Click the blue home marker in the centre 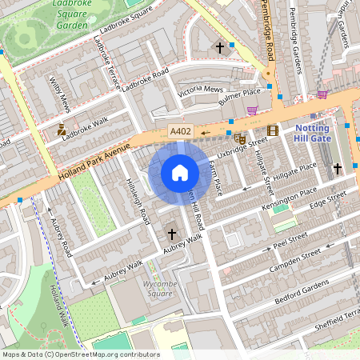[x=180, y=173]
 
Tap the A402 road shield [x=180, y=131]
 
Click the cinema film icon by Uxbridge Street [x=273, y=130]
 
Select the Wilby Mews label [x=61, y=94]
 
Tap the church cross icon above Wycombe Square [x=171, y=234]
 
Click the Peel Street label [x=290, y=238]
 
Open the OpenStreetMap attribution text [x=81, y=354]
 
